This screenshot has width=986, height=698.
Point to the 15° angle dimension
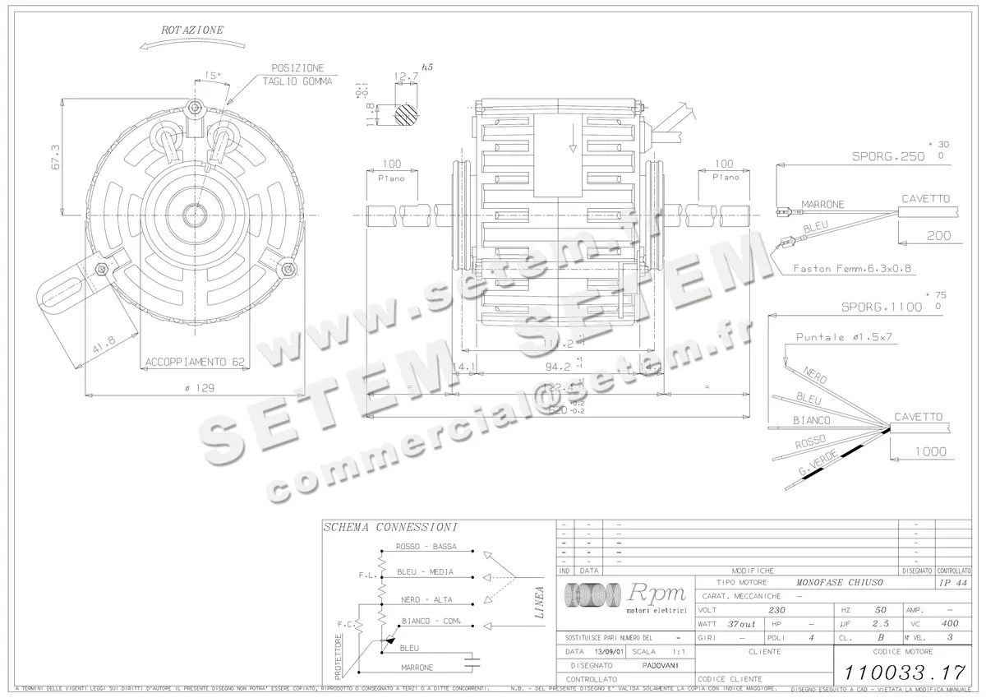click(x=213, y=76)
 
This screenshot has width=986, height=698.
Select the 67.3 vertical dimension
click(x=55, y=156)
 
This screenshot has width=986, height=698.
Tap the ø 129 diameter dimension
click(x=195, y=388)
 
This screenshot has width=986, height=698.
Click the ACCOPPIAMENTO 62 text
click(x=195, y=362)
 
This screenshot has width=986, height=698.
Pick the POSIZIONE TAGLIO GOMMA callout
click(x=297, y=75)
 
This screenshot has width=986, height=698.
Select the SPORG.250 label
click(x=887, y=156)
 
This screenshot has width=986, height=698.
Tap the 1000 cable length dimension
click(x=929, y=451)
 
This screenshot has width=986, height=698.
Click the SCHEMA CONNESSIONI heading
click(x=390, y=527)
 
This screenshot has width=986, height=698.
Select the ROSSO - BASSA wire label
click(x=426, y=547)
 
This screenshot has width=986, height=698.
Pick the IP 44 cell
click(x=953, y=582)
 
